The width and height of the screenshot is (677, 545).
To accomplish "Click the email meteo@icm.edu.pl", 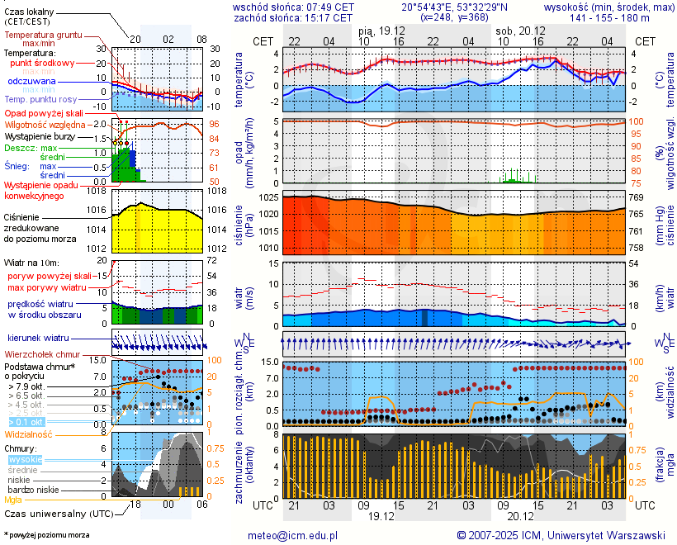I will pyautogui.click(x=293, y=535).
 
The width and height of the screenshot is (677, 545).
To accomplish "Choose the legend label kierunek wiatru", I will pyautogui.click(x=37, y=339).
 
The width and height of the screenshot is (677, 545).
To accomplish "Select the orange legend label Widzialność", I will pyautogui.click(x=29, y=434).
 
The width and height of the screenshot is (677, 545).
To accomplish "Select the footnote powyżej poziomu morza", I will pyautogui.click(x=46, y=535).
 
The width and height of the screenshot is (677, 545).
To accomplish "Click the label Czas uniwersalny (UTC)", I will pyautogui.click(x=55, y=513).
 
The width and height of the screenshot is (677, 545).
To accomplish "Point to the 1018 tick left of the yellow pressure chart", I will pyautogui.click(x=97, y=192).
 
